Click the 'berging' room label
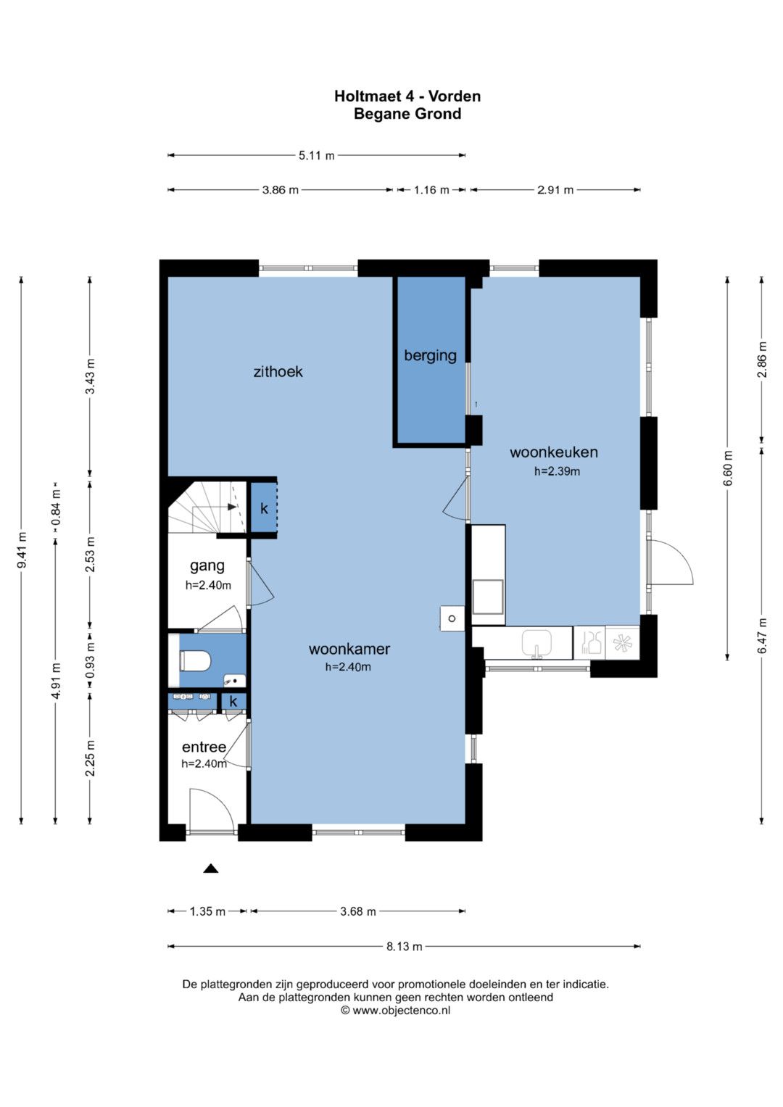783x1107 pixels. click(430, 356)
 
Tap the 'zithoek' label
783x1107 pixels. click(278, 372)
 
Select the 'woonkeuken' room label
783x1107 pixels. click(554, 452)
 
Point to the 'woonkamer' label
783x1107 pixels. click(349, 649)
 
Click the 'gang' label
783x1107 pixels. click(207, 566)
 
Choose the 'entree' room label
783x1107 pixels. click(204, 747)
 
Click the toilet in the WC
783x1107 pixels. click(195, 660)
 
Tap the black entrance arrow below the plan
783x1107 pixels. click(211, 868)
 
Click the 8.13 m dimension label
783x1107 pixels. click(404, 946)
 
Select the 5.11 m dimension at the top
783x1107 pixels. click(316, 156)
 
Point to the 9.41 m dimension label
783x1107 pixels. click(22, 550)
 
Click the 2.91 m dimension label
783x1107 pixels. click(555, 190)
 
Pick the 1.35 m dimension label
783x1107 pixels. click(207, 911)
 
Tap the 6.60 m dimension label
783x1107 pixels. click(728, 468)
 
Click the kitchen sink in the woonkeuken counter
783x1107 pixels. click(536, 644)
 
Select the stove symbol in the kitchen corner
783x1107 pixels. click(622, 643)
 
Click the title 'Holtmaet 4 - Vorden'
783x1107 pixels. click(407, 96)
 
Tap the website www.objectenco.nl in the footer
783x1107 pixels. click(401, 1010)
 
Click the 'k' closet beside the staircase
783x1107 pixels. click(264, 508)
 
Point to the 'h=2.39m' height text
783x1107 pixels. click(557, 471)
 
